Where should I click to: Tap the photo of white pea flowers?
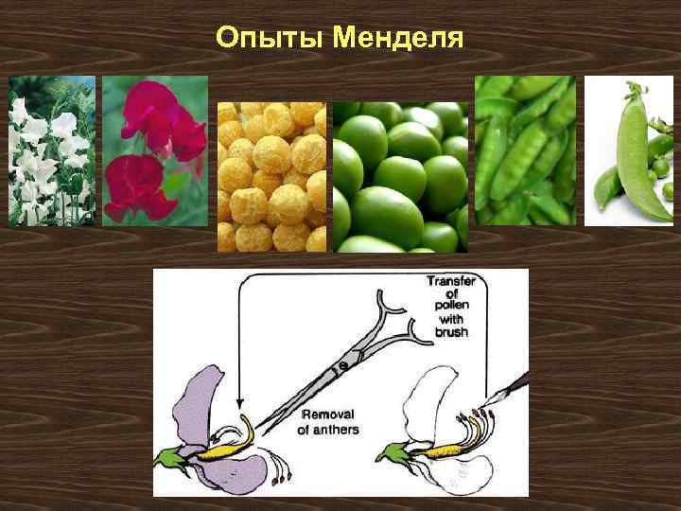pyautogui.click(x=52, y=151)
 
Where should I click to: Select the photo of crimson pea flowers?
pyautogui.click(x=155, y=151)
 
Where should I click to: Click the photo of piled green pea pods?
pyautogui.click(x=524, y=151)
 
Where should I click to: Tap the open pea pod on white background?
pyautogui.click(x=629, y=151)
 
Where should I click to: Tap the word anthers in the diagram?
pyautogui.click(x=328, y=430)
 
